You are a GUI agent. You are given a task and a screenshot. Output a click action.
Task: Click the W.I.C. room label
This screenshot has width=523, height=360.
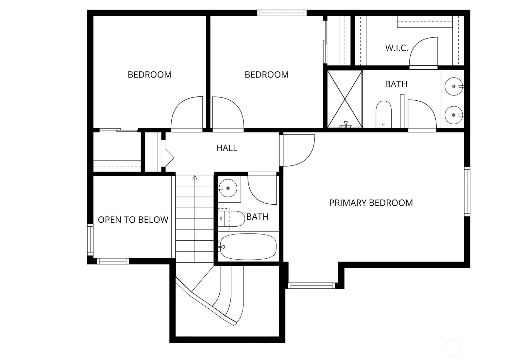396,48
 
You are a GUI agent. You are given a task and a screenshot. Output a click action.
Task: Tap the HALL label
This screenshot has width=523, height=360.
227,148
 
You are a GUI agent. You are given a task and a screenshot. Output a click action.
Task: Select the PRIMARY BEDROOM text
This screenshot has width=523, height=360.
371,203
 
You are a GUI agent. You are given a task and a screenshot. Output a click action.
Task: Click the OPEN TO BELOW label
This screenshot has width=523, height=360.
133,220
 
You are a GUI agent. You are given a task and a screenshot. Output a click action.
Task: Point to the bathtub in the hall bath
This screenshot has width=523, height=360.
248,247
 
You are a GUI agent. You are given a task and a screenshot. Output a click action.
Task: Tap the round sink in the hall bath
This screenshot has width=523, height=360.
228,188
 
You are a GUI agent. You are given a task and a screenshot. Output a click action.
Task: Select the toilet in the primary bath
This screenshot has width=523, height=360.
383,113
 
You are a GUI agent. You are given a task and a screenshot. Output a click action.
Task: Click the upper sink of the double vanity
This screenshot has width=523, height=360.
454,86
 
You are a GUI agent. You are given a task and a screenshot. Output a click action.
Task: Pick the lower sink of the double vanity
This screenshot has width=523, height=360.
454,115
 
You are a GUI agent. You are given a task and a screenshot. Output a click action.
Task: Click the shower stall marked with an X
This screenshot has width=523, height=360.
345,99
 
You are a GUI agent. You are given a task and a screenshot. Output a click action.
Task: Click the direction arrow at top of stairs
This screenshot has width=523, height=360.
195,178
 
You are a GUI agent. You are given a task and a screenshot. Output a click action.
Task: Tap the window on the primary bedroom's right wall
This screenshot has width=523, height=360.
467,191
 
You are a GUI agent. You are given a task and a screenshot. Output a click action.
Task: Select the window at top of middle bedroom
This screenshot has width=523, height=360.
282,13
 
